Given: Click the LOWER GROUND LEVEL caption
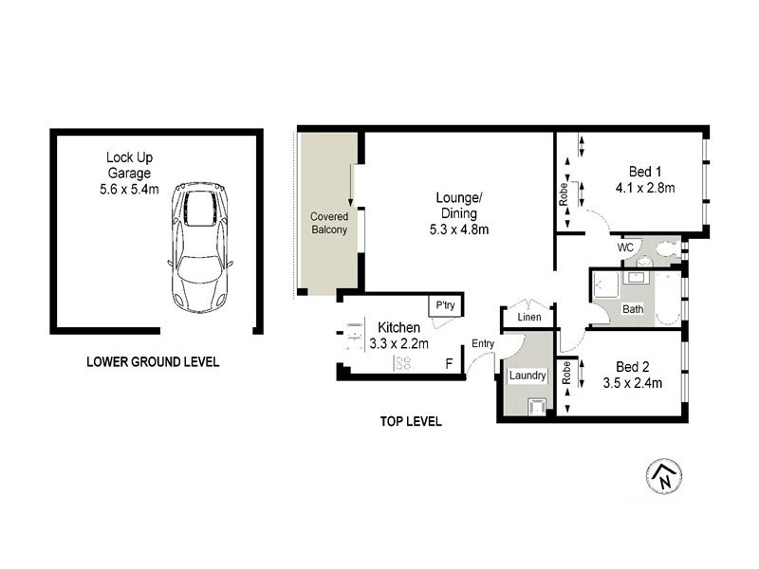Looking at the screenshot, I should [153, 361].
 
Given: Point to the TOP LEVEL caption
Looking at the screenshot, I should [410, 421].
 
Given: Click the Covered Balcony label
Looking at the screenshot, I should [329, 223].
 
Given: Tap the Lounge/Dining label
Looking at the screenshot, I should [459, 205].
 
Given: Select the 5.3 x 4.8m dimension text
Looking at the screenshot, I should [459, 229].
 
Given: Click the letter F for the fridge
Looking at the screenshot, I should [450, 363].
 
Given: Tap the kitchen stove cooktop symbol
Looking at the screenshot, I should [401, 363].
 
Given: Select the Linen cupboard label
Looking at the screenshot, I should [529, 317].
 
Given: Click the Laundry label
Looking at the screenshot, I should [528, 376].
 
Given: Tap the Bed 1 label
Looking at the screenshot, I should [645, 172].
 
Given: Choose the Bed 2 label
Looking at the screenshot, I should [632, 366].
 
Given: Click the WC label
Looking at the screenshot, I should [625, 248].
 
